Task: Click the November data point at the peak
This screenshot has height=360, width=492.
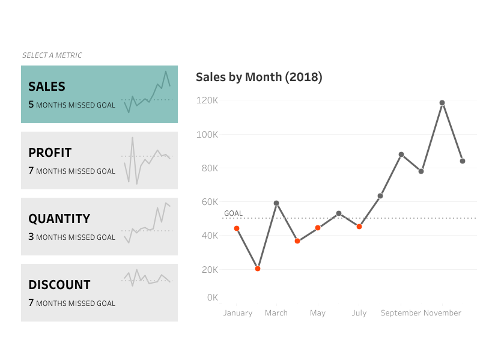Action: [x=442, y=103]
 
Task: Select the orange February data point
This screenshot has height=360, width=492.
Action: [x=258, y=269]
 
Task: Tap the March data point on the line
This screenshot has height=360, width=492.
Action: [x=276, y=203]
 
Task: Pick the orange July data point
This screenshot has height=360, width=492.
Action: [x=359, y=227]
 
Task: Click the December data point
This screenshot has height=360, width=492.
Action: [x=463, y=161]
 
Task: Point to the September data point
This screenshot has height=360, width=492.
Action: [x=401, y=154]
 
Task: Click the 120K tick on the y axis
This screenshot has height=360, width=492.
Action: [x=207, y=100]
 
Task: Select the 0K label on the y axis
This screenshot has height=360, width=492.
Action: [x=212, y=297]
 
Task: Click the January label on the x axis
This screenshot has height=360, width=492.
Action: [x=237, y=313]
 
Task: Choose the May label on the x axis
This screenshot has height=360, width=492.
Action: [x=318, y=313]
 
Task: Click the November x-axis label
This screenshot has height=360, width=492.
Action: [x=442, y=313]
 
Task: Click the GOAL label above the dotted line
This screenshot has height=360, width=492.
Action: [x=233, y=213]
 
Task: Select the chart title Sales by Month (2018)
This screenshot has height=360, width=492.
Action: [x=259, y=77]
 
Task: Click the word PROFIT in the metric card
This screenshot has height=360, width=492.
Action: [x=50, y=153]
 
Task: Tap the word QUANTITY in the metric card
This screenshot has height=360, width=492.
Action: [x=59, y=219]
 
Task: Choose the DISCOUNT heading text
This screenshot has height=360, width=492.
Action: [x=59, y=285]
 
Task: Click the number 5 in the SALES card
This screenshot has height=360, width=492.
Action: [x=31, y=105]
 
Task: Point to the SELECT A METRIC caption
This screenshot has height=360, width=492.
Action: [x=52, y=55]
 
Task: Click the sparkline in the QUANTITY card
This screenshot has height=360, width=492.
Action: [x=147, y=224]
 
